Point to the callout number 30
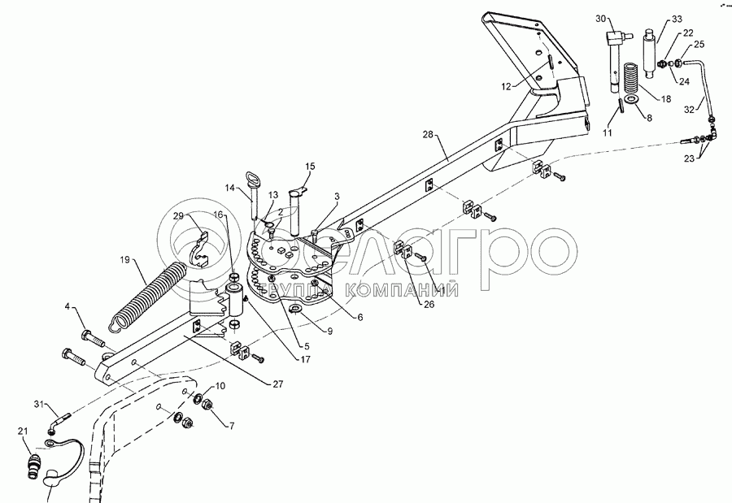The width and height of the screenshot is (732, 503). (601, 18)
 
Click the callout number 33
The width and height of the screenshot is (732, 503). (677, 19)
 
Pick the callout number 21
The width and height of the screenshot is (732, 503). (23, 431)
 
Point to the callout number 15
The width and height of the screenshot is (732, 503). (309, 167)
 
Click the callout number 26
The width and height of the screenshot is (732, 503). (428, 305)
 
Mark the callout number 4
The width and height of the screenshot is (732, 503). (70, 307)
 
